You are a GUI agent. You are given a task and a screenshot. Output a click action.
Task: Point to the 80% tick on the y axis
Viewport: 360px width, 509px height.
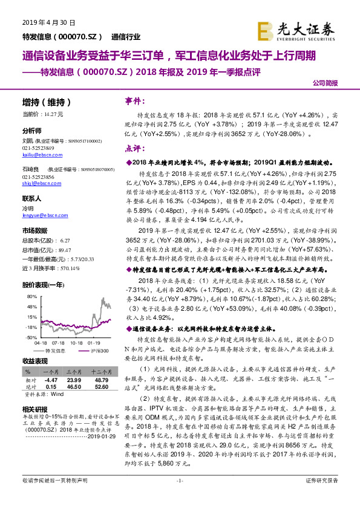[x=30, y=297]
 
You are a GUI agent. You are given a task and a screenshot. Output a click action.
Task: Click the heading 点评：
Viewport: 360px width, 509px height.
[x=134, y=148]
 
